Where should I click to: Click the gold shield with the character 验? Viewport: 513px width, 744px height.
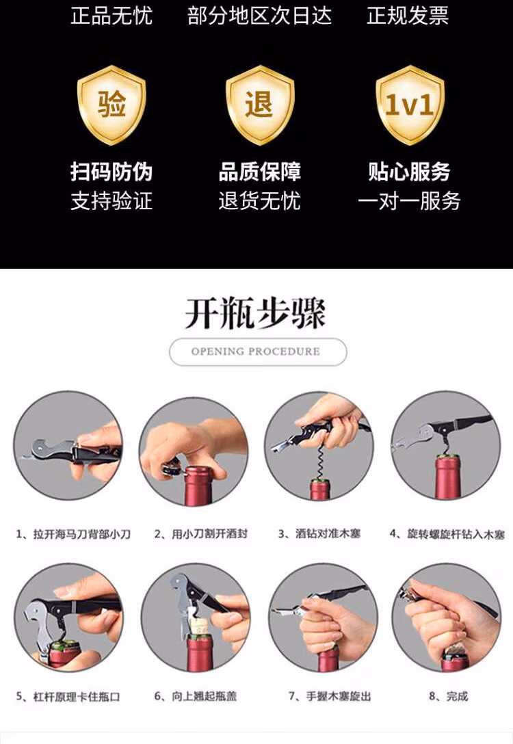click(x=111, y=105)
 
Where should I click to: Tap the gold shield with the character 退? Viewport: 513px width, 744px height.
click(x=260, y=105)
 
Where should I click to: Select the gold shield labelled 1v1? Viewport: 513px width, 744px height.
click(x=410, y=105)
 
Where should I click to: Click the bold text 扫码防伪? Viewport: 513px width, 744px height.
click(x=111, y=171)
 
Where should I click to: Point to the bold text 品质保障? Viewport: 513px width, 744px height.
click(x=260, y=171)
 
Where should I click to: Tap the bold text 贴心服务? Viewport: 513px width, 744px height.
click(x=410, y=171)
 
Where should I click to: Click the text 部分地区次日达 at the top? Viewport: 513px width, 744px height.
click(x=260, y=15)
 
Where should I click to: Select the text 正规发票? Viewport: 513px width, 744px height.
click(x=408, y=15)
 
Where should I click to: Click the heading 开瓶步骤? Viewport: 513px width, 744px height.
click(x=256, y=313)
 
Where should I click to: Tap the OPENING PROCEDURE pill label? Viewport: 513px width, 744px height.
click(x=258, y=351)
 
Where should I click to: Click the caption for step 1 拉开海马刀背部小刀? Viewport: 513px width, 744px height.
click(x=73, y=534)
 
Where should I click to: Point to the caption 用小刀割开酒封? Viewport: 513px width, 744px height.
click(x=200, y=534)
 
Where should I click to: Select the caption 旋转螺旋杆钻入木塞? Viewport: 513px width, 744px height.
click(x=447, y=534)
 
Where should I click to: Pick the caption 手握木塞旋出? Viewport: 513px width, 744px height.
click(x=330, y=697)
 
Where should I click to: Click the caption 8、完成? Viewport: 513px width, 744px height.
click(x=449, y=697)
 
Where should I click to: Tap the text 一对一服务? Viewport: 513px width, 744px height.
click(x=410, y=201)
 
